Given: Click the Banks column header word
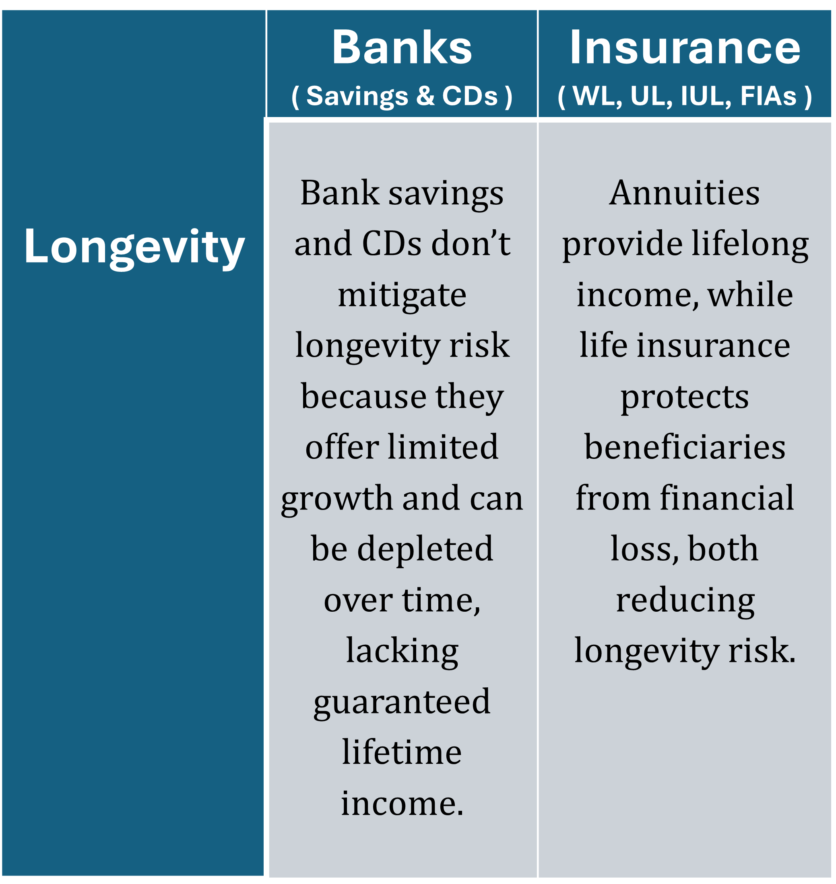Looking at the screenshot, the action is point(402,47).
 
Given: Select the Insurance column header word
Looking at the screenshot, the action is point(685,47).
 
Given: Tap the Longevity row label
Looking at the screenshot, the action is point(134,248).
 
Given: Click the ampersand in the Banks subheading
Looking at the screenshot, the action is point(425,96).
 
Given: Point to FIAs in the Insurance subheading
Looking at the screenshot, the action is point(768,96).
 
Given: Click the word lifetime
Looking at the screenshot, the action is point(402,752).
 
